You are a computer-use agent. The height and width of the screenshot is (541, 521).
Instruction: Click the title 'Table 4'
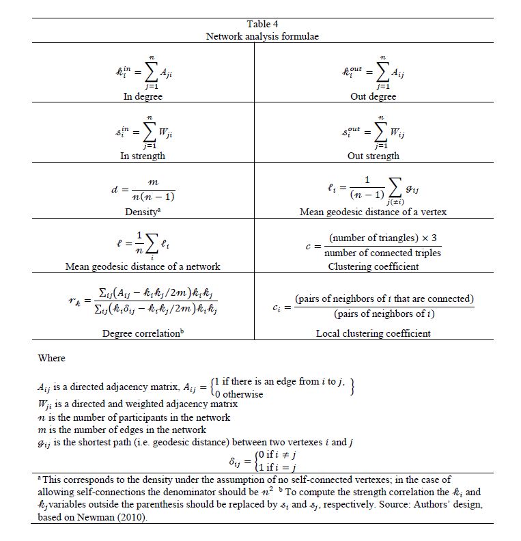(262, 25)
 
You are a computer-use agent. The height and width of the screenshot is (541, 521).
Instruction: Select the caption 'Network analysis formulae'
(262, 36)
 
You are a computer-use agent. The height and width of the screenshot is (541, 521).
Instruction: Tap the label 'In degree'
(143, 96)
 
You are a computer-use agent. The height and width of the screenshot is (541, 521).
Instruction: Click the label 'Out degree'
(373, 96)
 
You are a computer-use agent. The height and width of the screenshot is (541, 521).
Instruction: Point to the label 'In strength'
(143, 156)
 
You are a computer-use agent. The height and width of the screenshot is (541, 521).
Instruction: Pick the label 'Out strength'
(373, 156)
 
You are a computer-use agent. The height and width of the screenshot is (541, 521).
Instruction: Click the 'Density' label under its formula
(141, 212)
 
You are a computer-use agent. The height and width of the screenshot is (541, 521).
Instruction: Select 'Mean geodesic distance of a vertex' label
(373, 212)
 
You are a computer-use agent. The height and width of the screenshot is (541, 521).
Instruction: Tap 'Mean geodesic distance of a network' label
(143, 266)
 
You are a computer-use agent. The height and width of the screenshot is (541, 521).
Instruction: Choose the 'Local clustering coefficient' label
(373, 333)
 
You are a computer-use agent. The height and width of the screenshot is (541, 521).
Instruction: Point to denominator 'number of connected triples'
(382, 253)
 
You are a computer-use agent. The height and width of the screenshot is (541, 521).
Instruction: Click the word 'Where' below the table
(52, 358)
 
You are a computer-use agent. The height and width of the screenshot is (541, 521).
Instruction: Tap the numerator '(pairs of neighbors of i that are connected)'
(384, 299)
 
